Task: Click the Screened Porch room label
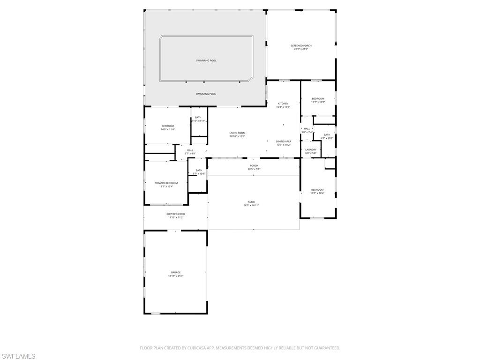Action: [301, 45]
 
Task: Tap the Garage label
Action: [175, 272]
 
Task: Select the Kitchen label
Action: [283, 104]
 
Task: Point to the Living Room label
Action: [237, 133]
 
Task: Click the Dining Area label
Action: [283, 141]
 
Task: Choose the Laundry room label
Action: [311, 150]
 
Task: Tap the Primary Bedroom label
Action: [166, 183]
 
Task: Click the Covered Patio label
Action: [176, 214]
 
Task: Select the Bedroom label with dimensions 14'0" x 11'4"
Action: [168, 126]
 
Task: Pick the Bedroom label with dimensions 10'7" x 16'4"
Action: [317, 190]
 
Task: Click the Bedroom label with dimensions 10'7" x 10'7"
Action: [318, 99]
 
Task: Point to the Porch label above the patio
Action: [254, 165]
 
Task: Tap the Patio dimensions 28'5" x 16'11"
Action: [251, 205]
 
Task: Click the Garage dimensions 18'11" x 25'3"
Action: [175, 276]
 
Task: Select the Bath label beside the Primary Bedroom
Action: [199, 170]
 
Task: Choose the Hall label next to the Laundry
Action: [307, 129]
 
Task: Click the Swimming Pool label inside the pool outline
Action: [206, 60]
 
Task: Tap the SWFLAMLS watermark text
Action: [18, 356]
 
